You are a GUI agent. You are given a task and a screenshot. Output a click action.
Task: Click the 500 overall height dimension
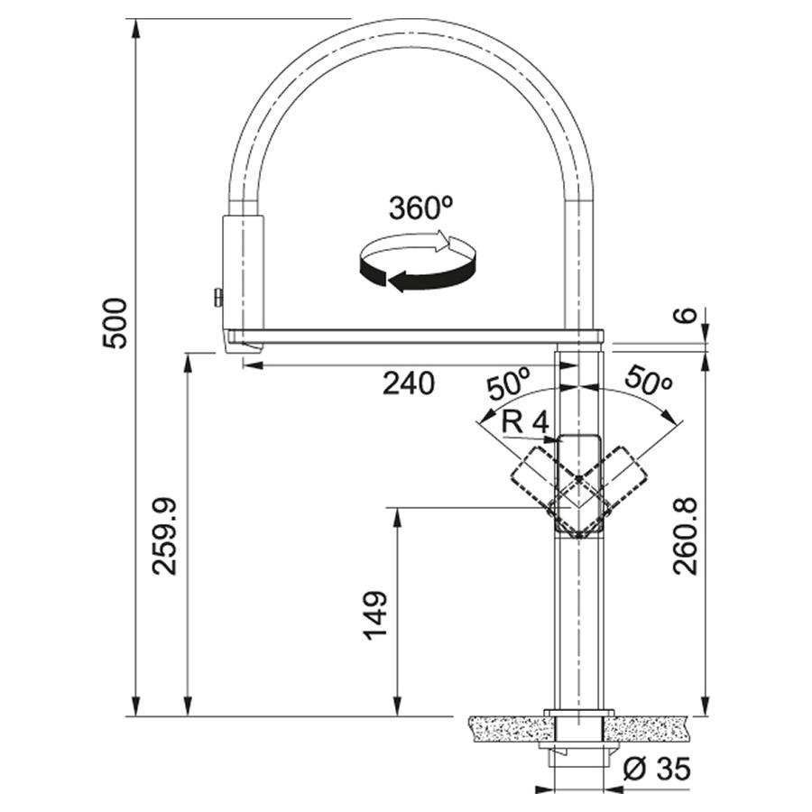click(x=115, y=323)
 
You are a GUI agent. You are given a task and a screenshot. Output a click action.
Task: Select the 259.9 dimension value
click(x=165, y=536)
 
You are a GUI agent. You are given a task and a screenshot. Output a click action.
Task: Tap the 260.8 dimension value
click(x=687, y=536)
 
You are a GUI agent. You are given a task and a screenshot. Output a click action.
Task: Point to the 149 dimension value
click(x=375, y=615)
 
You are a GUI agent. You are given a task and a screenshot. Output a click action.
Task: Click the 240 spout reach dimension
click(x=409, y=383)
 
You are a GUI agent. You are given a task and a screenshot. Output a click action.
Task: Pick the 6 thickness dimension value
click(x=687, y=315)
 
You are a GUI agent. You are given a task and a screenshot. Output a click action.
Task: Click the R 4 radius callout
click(x=524, y=423)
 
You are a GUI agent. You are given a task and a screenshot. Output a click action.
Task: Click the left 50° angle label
click(x=508, y=383)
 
